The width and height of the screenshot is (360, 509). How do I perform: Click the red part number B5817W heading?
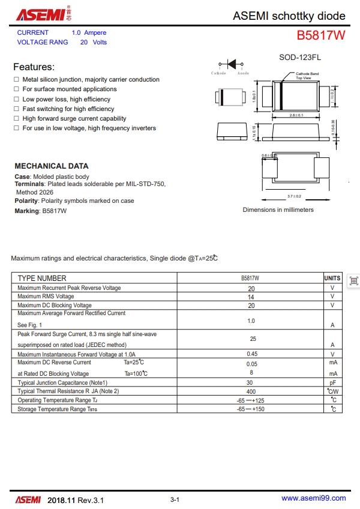(x=321, y=35)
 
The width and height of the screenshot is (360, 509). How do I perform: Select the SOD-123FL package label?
(x=300, y=58)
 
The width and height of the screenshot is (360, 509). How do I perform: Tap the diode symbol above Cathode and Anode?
(x=230, y=64)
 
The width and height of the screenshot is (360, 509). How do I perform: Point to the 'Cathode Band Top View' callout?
(x=307, y=76)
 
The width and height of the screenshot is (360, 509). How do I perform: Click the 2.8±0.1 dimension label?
(x=296, y=115)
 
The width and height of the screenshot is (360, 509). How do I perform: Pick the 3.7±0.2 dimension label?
(x=294, y=196)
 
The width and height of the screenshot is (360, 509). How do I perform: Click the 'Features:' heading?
(x=34, y=67)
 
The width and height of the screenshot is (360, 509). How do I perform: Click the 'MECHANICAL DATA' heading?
(x=51, y=166)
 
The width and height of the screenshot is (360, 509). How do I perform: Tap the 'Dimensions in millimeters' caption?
(x=278, y=209)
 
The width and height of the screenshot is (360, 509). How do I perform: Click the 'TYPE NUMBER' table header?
(x=42, y=278)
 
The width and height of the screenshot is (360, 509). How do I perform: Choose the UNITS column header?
(x=332, y=278)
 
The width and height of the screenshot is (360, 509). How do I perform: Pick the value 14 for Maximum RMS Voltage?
(x=251, y=297)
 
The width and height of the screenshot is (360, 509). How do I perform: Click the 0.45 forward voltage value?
(x=251, y=354)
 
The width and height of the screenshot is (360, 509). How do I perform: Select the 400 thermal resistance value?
(x=251, y=391)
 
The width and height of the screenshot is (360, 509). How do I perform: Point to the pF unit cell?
(x=332, y=382)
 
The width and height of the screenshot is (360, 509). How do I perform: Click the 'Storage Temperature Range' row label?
(x=57, y=409)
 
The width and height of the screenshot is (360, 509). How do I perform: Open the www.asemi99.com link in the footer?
(x=313, y=498)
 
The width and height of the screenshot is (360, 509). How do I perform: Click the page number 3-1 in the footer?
(x=175, y=499)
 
